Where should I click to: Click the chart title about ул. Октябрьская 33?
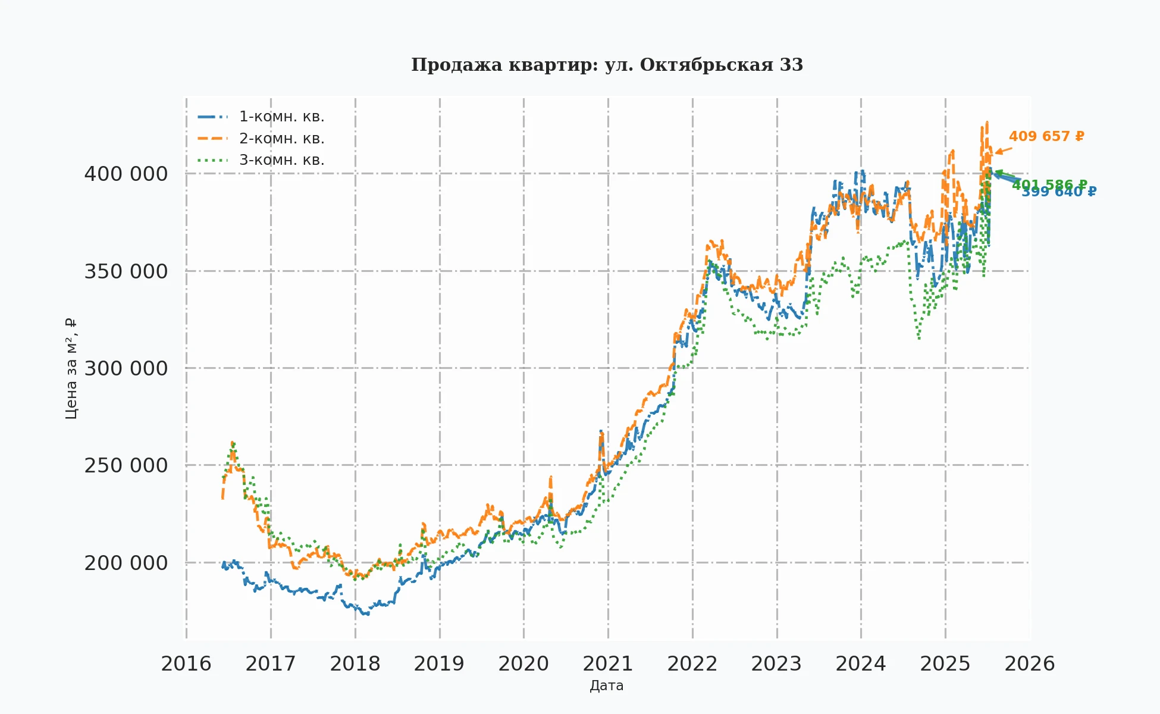[x=607, y=65]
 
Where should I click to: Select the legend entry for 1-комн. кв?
[x=281, y=117]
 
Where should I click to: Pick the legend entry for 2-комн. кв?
[x=281, y=139]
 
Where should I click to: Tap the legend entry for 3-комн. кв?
[x=281, y=160]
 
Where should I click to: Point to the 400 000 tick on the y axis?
[x=126, y=174]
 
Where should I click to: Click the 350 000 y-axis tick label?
[x=126, y=271]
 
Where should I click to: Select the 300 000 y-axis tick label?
[x=126, y=369]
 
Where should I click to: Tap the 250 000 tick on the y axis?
[x=126, y=466]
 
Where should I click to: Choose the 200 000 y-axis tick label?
[x=126, y=563]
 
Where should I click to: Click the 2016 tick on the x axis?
[x=186, y=664]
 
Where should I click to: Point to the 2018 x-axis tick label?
[x=355, y=664]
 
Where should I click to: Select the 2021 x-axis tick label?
[x=608, y=664]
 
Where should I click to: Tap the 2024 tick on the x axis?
[x=861, y=664]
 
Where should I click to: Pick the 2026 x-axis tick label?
[x=1030, y=664]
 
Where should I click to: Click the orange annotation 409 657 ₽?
[x=1046, y=137]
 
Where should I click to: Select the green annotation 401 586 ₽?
[x=1049, y=184]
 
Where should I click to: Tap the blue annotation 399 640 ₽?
[x=1059, y=192]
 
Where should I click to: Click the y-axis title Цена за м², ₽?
[x=71, y=369]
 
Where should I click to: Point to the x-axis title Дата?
[x=607, y=686]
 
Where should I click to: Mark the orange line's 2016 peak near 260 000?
[x=233, y=443]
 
